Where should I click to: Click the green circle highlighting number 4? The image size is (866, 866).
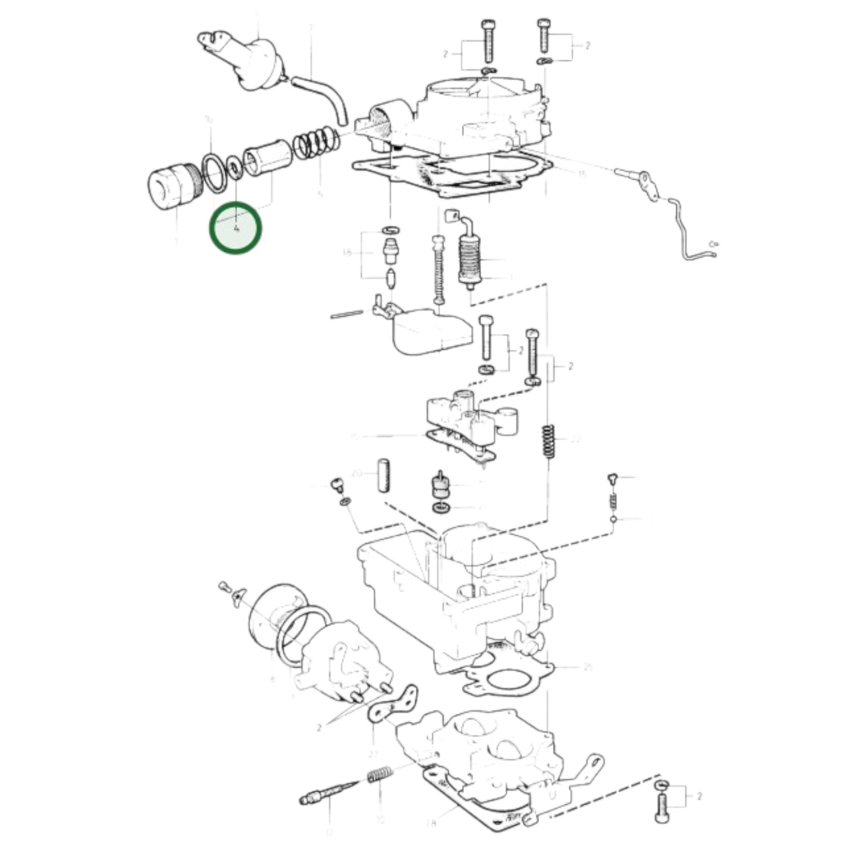coord(236,227)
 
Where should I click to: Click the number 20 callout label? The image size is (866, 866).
coord(357,473)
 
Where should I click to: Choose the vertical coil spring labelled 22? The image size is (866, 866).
coord(548,440)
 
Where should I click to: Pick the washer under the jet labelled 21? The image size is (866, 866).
coord(441,508)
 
